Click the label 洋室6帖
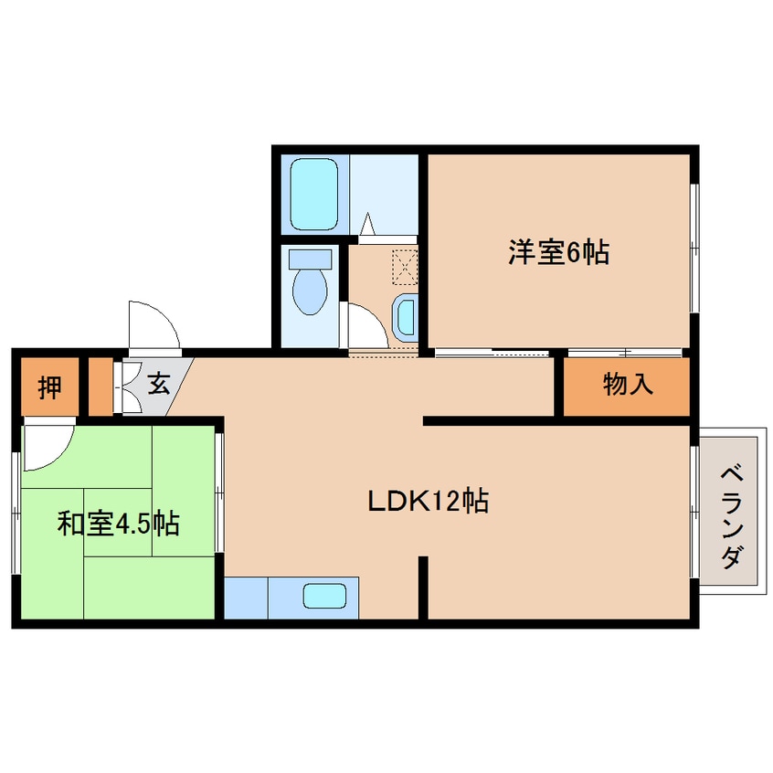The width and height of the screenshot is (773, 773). (x=559, y=253)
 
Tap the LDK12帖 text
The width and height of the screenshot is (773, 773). (x=428, y=501)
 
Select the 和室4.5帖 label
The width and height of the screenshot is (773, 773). (x=118, y=524)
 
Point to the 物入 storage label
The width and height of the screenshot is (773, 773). (x=628, y=386)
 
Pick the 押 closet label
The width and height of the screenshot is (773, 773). (x=49, y=387)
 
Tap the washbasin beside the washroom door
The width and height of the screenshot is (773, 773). (x=404, y=316)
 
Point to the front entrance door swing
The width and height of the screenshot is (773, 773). (x=152, y=324)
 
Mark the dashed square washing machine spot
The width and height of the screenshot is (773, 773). (x=403, y=267)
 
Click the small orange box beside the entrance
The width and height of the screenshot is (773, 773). (x=100, y=387)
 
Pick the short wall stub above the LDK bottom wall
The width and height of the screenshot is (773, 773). (x=423, y=585)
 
